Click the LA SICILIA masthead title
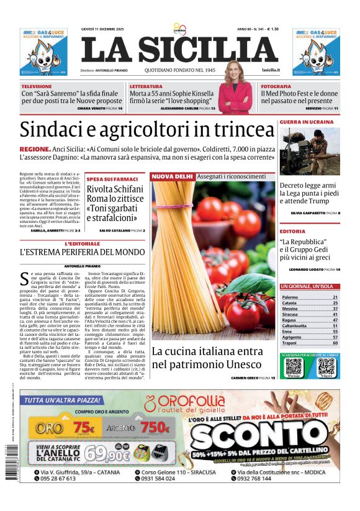tap(179, 50)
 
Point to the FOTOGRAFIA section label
tap(276, 86)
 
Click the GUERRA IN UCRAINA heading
tap(307, 122)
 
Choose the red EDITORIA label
tap(292, 231)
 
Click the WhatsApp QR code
tap(294, 366)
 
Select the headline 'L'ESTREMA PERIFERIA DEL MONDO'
tap(82, 252)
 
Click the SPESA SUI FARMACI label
tap(111, 179)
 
